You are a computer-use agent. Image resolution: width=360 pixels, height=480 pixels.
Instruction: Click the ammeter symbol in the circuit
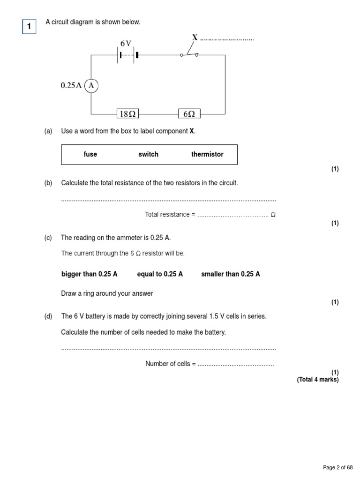tap(91, 85)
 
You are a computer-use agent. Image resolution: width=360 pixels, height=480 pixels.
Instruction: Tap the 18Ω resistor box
tap(127, 113)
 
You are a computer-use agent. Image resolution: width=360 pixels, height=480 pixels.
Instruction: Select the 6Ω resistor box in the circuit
tap(189, 113)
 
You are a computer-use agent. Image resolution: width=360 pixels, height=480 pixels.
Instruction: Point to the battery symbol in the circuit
tap(127, 55)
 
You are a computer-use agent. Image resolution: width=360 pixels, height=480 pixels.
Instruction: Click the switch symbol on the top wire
tap(189, 53)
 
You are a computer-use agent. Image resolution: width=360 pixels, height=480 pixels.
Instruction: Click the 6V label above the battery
tap(126, 43)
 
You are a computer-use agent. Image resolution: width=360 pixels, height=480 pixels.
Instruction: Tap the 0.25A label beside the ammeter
tap(71, 85)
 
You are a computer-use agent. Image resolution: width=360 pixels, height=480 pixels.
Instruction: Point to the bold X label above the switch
tap(195, 37)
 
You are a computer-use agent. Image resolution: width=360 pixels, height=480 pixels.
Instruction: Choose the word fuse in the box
tap(90, 154)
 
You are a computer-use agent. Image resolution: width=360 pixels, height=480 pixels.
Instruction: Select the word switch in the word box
tap(149, 154)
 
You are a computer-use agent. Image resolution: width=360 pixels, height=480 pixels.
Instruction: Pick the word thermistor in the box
tap(207, 154)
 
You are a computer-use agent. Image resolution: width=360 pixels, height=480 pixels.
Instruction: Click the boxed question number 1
tap(29, 27)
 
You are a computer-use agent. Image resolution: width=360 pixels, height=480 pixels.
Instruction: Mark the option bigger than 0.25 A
tap(90, 274)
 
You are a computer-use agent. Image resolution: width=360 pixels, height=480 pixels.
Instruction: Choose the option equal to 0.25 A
tap(160, 274)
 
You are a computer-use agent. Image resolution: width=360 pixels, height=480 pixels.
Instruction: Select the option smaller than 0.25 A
tap(231, 274)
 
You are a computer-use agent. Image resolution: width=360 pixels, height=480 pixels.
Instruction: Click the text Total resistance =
tap(170, 215)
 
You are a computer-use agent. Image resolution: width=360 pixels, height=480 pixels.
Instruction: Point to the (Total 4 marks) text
tap(317, 380)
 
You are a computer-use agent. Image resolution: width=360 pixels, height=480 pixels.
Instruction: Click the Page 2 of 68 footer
tap(338, 467)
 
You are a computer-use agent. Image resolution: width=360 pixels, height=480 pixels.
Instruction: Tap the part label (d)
tap(48, 316)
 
